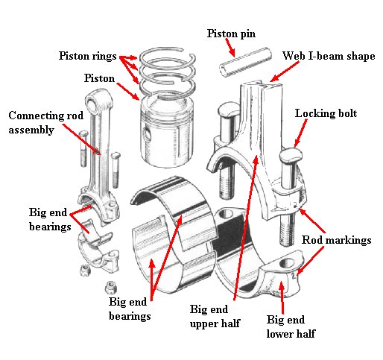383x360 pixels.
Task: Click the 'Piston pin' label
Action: click(x=232, y=34)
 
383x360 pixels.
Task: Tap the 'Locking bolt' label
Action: click(x=326, y=114)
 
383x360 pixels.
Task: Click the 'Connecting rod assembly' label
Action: click(x=36, y=123)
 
